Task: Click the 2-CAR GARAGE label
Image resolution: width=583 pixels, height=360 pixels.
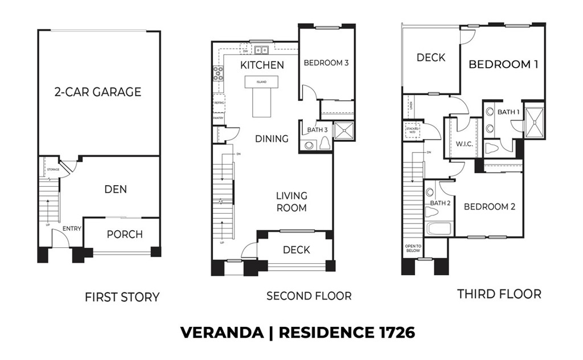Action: coord(98,92)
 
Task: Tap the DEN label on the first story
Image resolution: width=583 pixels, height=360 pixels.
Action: coord(115,189)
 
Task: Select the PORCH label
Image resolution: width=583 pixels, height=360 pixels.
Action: coord(125,234)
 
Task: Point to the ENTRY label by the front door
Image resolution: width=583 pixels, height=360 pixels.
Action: coord(72,229)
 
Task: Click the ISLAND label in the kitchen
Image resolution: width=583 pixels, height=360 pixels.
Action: coord(261,82)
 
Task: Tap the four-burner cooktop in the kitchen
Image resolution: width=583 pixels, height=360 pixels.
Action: coord(218,73)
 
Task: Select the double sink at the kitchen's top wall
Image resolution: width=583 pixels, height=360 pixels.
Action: coord(262,49)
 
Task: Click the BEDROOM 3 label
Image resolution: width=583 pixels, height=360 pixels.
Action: coord(326,63)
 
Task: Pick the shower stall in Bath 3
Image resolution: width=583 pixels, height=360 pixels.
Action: coord(343,130)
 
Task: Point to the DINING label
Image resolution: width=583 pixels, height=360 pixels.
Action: coord(272,138)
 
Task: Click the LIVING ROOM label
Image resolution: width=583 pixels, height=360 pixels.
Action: coord(291,202)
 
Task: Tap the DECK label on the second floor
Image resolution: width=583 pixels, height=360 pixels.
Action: coord(296,249)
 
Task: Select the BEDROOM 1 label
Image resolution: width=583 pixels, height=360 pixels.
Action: coord(503,64)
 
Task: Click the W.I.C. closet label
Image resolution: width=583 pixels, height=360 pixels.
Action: coord(464,144)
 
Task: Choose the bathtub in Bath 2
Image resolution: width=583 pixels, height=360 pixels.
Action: coord(438,229)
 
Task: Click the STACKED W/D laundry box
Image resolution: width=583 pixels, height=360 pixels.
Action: coord(412,130)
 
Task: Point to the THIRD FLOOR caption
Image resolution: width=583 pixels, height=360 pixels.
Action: coord(499,294)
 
